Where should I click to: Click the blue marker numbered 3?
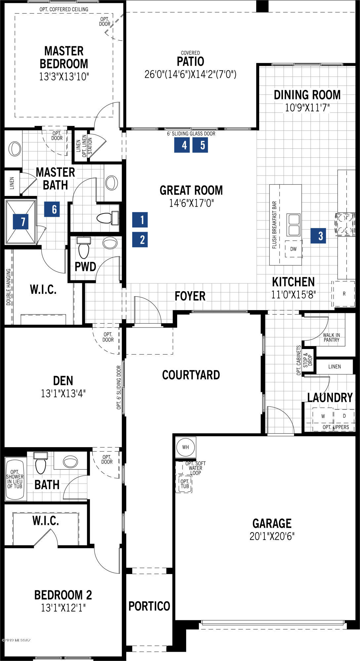[x=318, y=236]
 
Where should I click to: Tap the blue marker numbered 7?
[x=20, y=221]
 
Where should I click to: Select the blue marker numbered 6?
[x=52, y=209]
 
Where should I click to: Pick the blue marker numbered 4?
[x=182, y=145]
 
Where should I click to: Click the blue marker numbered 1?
[x=140, y=220]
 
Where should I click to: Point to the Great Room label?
[x=191, y=190]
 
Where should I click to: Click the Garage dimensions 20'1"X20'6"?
[x=272, y=536]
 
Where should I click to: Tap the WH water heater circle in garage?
[x=185, y=447]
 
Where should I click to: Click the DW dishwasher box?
[x=293, y=249]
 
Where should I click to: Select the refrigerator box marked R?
[x=344, y=293]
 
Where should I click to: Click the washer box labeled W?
[x=323, y=416]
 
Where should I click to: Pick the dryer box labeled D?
[x=344, y=416]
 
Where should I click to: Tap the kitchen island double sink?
[x=293, y=225]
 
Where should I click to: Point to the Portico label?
[x=149, y=606]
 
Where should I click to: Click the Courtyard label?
[x=191, y=375]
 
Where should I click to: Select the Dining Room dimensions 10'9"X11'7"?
[x=307, y=107]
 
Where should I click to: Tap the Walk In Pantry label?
[x=332, y=337]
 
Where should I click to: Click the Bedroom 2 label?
[x=63, y=595]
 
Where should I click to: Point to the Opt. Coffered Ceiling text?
[x=64, y=9]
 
